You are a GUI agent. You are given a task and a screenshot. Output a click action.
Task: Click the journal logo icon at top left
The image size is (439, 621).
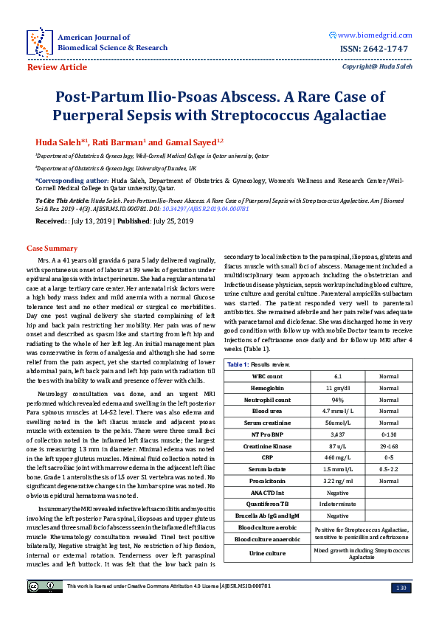[x=39, y=41]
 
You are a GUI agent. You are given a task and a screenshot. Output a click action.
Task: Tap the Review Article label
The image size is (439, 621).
[x=57, y=67]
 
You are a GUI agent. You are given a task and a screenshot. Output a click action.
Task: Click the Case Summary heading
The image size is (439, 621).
[x=52, y=249]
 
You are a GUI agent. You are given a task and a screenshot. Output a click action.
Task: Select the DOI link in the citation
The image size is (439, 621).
[x=214, y=209]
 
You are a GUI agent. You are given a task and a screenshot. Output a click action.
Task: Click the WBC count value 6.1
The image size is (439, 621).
[x=337, y=376]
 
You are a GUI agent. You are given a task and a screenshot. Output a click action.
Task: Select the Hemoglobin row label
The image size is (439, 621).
[x=266, y=388]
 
